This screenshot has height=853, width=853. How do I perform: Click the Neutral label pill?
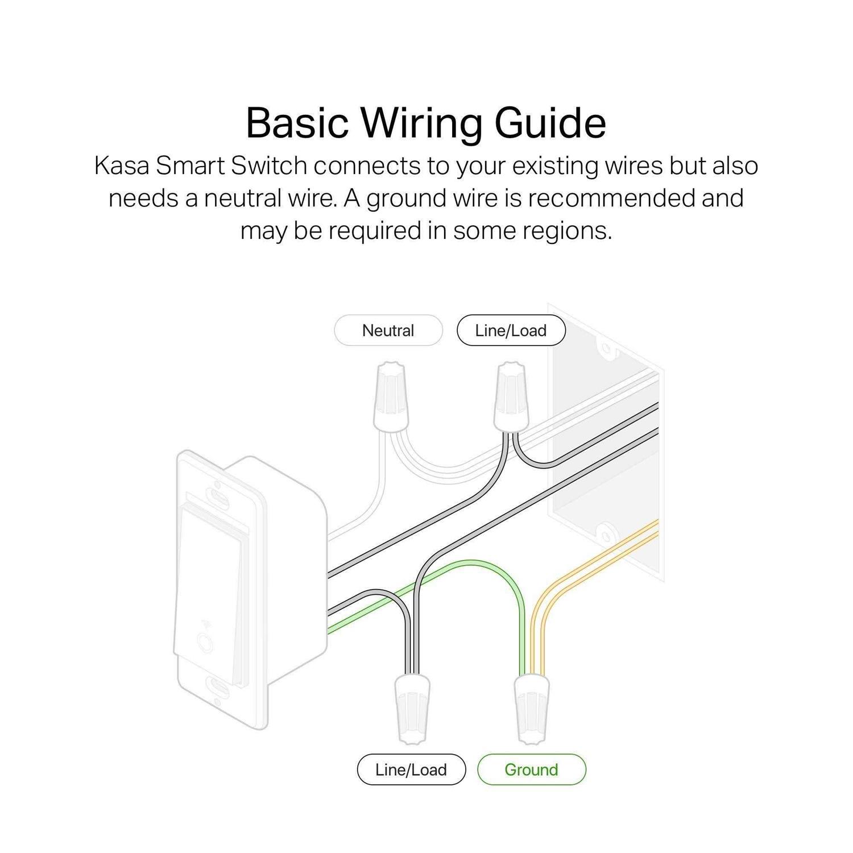coord(388,330)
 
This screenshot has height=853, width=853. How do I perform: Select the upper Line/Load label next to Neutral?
coord(511,330)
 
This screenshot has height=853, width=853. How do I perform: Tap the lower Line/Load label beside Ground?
coord(411,769)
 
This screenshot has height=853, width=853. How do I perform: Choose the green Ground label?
coord(532,769)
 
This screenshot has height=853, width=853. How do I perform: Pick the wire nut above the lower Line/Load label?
coord(412,708)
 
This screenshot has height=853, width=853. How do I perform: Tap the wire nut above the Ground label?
coord(533,708)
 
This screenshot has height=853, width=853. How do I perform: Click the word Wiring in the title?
coord(421,124)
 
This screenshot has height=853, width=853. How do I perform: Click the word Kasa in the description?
coord(122,166)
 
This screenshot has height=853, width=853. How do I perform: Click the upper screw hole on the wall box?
coord(606,348)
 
